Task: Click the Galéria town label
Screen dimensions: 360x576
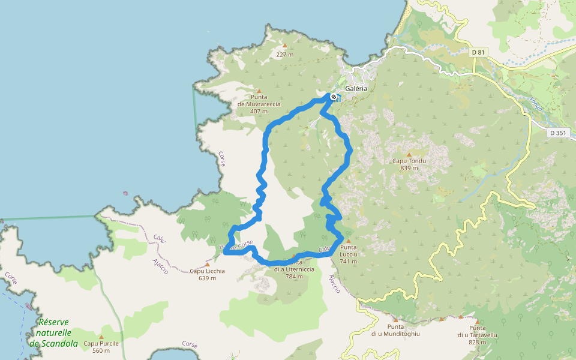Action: coord(356,88)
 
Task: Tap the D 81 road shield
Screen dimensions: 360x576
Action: coord(478,53)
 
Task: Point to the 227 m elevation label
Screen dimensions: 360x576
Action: coord(284,55)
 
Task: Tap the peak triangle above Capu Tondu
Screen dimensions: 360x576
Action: coord(409,154)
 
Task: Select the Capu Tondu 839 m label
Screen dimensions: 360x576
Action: coord(409,164)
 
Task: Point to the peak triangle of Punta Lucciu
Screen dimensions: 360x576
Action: coord(347,241)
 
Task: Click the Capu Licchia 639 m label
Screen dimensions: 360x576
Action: coord(207,274)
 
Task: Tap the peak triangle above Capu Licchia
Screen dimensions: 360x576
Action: coord(208,264)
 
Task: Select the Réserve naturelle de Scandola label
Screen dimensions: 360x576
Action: coord(53,332)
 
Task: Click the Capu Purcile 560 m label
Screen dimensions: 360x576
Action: coord(101,347)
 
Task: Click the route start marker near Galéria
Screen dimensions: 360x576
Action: coord(333,96)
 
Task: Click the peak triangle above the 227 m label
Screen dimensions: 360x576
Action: coord(284,46)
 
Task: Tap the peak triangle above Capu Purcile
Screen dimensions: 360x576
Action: coord(101,337)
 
